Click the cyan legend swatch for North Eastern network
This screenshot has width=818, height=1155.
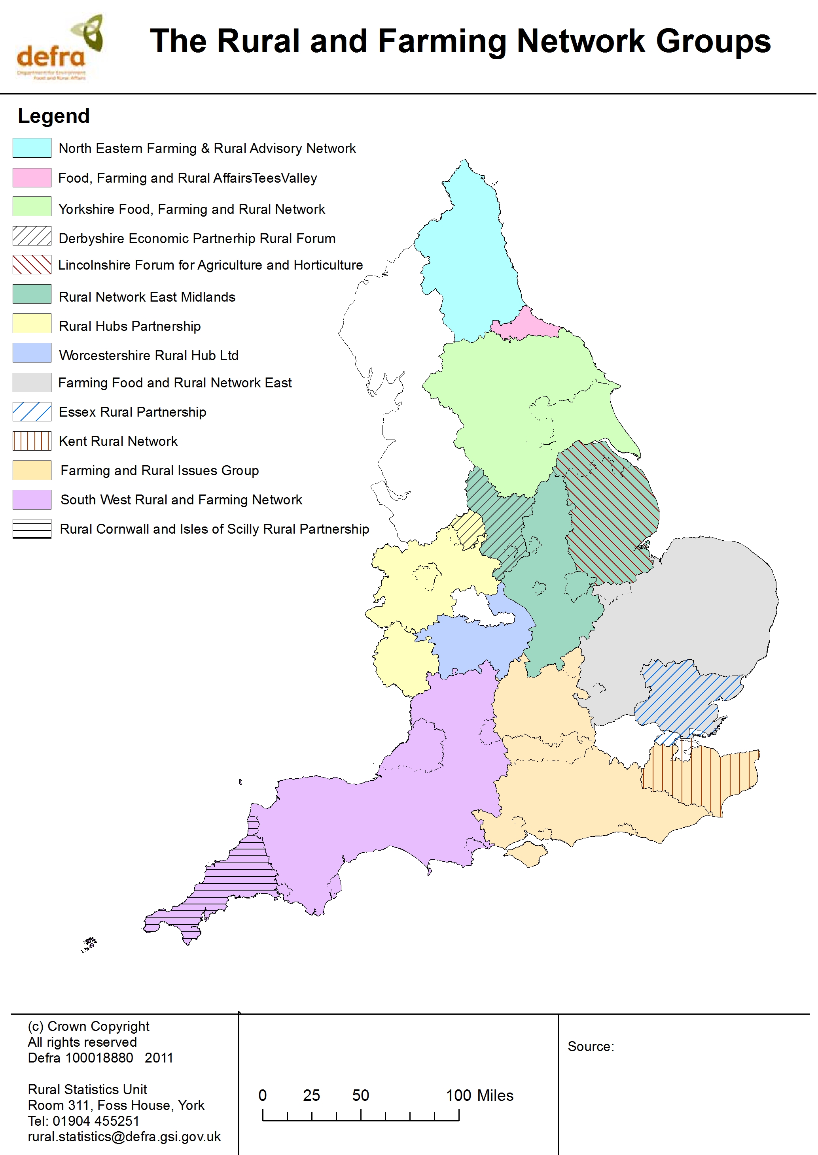click(x=32, y=148)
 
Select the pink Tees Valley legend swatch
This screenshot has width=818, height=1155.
click(x=32, y=177)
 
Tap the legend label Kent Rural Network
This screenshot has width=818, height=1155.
click(x=118, y=442)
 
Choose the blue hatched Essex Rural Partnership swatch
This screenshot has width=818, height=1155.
click(x=32, y=411)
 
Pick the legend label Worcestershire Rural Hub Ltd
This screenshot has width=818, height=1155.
click(x=149, y=355)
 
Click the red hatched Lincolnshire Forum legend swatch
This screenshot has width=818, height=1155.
click(x=32, y=265)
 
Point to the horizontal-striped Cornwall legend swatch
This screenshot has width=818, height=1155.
click(x=32, y=529)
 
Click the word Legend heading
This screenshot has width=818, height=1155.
click(x=54, y=116)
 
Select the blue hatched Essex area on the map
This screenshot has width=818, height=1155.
click(x=685, y=697)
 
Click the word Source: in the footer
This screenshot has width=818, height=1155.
click(x=590, y=1046)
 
